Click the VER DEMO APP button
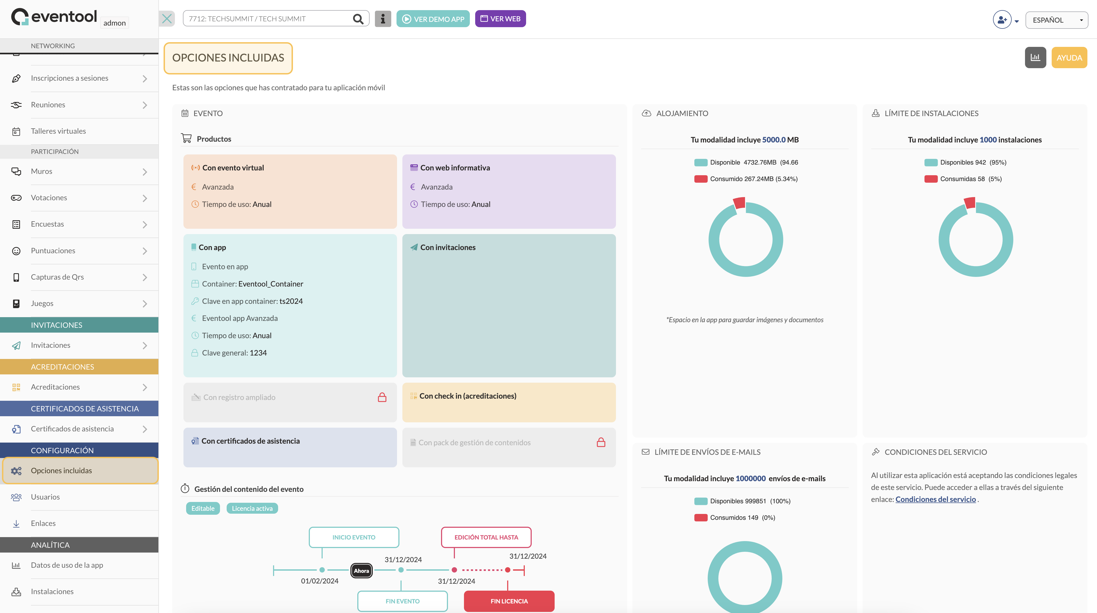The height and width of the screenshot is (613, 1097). pyautogui.click(x=433, y=19)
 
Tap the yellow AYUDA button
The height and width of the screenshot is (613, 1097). pyautogui.click(x=1069, y=58)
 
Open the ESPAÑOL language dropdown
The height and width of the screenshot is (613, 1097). pyautogui.click(x=1056, y=20)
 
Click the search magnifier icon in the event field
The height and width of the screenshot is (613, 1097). pyautogui.click(x=358, y=19)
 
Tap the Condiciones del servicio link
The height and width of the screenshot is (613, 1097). pyautogui.click(x=936, y=499)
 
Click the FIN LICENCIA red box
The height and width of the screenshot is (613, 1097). pyautogui.click(x=509, y=601)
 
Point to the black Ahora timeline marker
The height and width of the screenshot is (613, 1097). pyautogui.click(x=361, y=570)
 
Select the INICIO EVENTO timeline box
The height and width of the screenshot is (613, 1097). pyautogui.click(x=354, y=537)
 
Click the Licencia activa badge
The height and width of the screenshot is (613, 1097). pyautogui.click(x=252, y=508)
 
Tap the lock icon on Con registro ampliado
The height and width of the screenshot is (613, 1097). pyautogui.click(x=382, y=397)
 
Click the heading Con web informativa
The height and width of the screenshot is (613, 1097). pyautogui.click(x=455, y=167)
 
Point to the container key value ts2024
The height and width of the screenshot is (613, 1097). pyautogui.click(x=291, y=301)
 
